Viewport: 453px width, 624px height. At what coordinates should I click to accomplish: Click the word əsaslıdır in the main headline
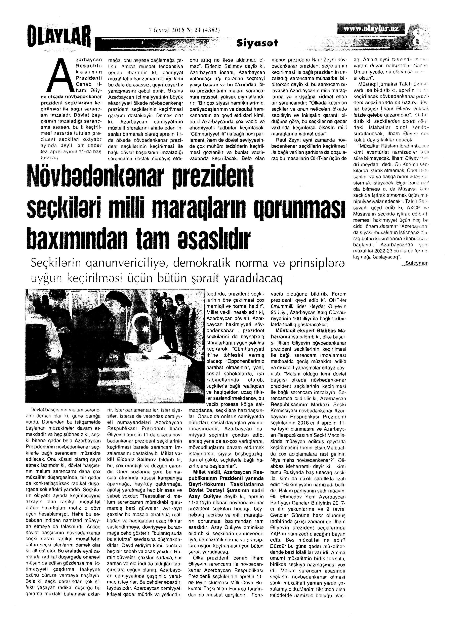[213, 238]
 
